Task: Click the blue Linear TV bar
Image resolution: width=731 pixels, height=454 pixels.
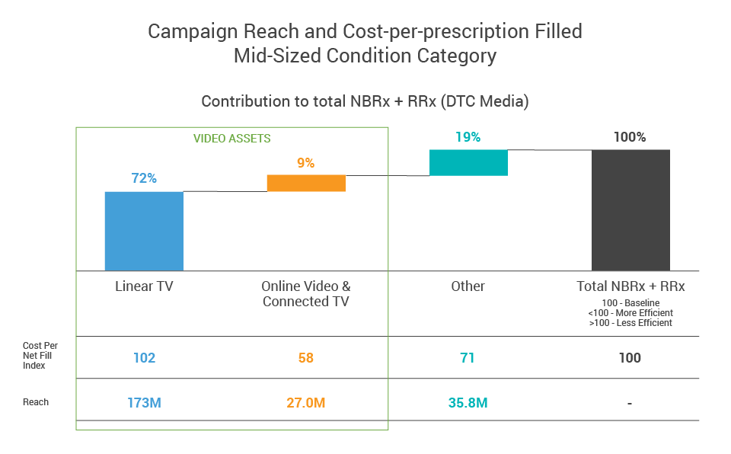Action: point(144,231)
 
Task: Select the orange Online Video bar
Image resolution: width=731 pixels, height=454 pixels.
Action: point(306,183)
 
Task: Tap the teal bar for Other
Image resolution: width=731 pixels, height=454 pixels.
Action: point(468,162)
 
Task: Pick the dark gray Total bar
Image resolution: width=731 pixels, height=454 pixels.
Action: point(630,209)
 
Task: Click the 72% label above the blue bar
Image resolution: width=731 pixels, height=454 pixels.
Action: point(144,179)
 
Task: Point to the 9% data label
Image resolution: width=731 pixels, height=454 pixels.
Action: point(306,162)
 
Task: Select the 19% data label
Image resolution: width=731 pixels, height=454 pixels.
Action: point(468,137)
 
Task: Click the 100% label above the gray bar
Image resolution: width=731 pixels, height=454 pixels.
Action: point(630,137)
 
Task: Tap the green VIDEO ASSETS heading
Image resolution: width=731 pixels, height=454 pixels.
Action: point(232,139)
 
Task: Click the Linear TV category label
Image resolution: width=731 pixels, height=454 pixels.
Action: point(144,286)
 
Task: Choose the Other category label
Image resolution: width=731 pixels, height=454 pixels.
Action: point(468,286)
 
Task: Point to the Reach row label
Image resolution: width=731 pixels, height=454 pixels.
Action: point(36,401)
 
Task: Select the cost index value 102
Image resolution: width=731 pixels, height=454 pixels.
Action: point(144,357)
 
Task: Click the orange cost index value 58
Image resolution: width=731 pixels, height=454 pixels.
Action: point(306,357)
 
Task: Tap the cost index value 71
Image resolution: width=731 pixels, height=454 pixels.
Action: point(468,357)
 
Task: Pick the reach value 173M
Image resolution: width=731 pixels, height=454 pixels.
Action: point(144,402)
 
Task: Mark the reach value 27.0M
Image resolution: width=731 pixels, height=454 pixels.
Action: point(305,402)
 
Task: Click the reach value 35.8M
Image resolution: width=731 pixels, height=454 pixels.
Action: point(468,402)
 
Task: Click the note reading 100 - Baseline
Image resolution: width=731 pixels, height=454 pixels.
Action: point(630,303)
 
